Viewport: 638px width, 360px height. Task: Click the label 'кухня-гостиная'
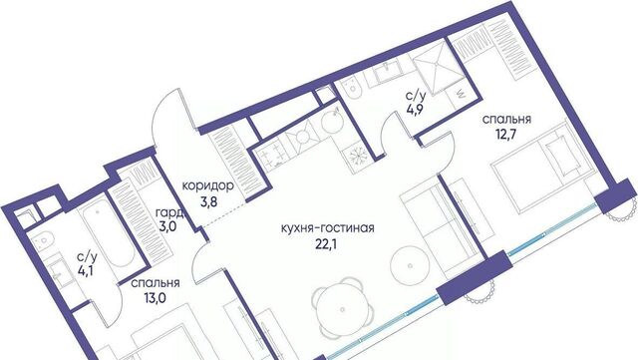[x=328, y=228]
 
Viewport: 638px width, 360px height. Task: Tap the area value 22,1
[x=327, y=243]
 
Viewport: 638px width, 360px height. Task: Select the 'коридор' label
[x=208, y=186]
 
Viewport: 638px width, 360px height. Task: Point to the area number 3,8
[x=208, y=201]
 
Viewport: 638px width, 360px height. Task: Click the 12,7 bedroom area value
[x=506, y=134]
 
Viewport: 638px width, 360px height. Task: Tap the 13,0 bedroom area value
[x=156, y=298]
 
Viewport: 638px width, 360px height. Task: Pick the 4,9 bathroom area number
[x=413, y=110]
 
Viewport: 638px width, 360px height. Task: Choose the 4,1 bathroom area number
[x=86, y=270]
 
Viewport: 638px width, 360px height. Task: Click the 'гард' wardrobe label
[x=169, y=213]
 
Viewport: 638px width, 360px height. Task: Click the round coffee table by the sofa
[x=410, y=265]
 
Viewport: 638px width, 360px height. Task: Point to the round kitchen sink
[x=333, y=121]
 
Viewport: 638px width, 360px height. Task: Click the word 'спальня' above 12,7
[x=506, y=120]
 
